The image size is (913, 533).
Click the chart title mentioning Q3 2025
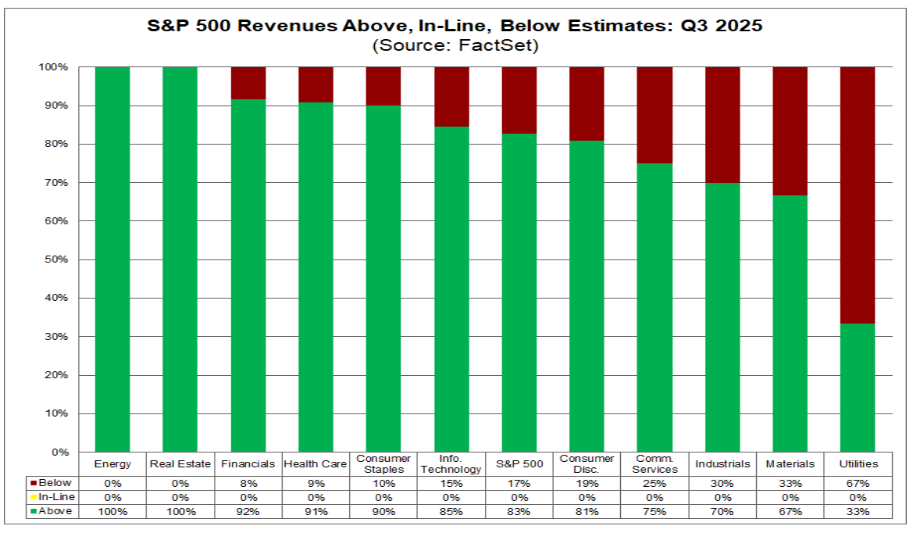[455, 26]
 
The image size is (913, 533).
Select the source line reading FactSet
[455, 45]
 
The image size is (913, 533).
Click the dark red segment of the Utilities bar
[857, 195]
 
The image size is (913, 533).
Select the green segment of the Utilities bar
[857, 388]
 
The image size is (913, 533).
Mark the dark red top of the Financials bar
[248, 83]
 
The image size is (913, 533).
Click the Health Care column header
[316, 463]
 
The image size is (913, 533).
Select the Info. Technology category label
[451, 463]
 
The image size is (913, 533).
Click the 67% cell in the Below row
[857, 483]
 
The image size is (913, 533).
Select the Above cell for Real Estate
[180, 511]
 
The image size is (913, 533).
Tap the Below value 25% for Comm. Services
[654, 483]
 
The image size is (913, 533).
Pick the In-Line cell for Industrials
[722, 497]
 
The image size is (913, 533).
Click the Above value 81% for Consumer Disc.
[586, 511]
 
